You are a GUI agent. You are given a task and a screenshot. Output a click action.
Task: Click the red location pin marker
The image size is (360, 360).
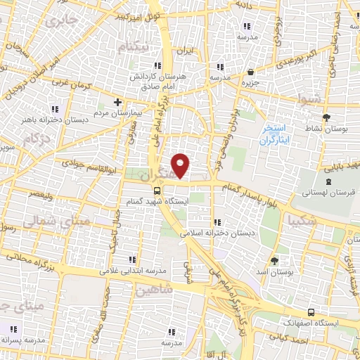pyautogui.click(x=181, y=165)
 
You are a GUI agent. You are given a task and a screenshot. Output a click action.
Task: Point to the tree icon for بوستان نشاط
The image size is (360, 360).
pyautogui.click(x=325, y=117)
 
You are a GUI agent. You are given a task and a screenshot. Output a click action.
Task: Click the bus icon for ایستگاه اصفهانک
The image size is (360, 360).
pyautogui.click(x=311, y=311)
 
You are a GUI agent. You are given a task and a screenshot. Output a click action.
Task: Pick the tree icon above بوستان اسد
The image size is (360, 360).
pyautogui.click(x=274, y=260)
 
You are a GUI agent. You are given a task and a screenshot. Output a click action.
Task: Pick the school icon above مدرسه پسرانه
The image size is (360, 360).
pyautogui.click(x=13, y=328)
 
